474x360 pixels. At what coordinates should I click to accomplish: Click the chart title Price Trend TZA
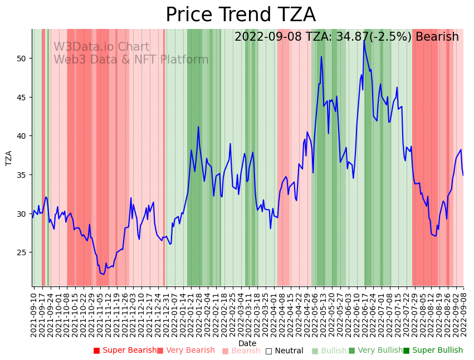[x=240, y=15]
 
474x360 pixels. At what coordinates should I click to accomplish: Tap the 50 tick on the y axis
[x=22, y=59]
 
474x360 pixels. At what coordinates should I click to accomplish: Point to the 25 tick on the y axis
[x=22, y=252]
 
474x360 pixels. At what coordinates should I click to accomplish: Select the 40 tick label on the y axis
[x=22, y=136]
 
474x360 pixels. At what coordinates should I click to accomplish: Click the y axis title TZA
[x=9, y=158]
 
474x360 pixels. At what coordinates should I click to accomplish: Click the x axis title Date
[x=247, y=344]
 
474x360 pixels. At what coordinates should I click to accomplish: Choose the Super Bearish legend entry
[x=125, y=351]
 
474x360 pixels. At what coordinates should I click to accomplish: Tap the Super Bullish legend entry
[x=433, y=351]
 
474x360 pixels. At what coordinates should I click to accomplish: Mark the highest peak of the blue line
[x=364, y=41]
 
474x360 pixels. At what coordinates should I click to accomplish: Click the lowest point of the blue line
[x=104, y=274]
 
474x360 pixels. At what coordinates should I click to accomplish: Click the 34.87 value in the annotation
[x=315, y=37]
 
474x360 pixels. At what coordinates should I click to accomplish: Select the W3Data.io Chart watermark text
[x=101, y=47]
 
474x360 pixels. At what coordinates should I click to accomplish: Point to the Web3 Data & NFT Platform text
[x=131, y=60]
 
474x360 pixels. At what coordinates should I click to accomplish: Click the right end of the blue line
[x=463, y=176]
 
